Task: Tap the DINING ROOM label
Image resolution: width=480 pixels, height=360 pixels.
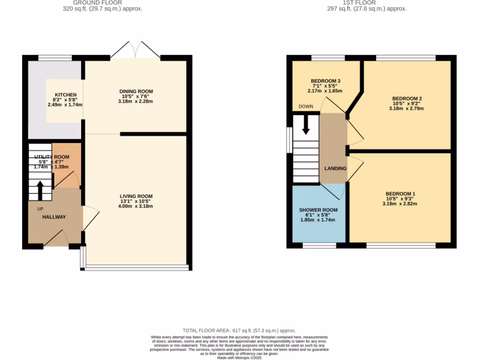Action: (136, 91)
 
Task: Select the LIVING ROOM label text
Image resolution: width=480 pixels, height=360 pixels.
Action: (136, 196)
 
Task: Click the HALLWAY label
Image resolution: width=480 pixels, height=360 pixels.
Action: (54, 217)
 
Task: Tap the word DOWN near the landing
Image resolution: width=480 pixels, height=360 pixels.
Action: (306, 106)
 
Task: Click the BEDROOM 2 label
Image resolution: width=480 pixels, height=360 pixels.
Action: (407, 98)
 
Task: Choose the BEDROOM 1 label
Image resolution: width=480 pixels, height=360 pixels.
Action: (400, 194)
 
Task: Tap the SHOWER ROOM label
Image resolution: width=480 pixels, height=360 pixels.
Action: (318, 210)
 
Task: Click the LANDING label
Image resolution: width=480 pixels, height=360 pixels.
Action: (336, 168)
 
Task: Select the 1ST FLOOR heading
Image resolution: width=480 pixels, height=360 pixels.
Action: (367, 2)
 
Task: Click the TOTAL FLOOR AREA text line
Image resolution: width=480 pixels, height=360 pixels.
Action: (239, 330)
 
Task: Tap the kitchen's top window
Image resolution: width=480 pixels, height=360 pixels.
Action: (55, 58)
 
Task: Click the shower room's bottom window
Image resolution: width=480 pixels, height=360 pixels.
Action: (319, 245)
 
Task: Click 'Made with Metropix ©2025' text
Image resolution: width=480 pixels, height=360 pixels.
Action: (240, 357)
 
